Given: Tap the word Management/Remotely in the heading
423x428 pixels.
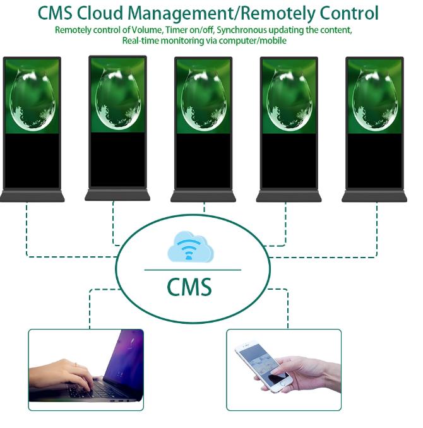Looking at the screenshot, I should point(224,13).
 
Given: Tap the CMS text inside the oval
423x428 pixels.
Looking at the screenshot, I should point(189,287).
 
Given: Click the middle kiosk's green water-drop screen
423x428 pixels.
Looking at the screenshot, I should point(203,97).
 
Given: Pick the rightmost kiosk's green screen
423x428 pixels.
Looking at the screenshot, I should point(375,97).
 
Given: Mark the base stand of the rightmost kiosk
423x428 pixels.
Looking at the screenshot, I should point(375,197).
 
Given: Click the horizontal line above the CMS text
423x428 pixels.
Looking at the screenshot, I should point(193,270).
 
